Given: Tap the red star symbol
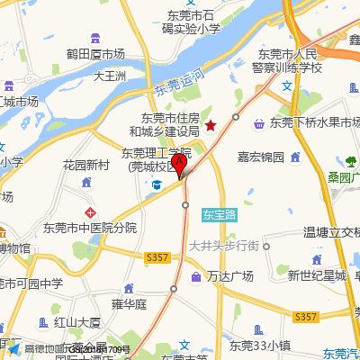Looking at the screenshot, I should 211,125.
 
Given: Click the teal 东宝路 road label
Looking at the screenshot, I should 219,215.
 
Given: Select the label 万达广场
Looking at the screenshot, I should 230,275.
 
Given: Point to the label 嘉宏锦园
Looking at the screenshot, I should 261,157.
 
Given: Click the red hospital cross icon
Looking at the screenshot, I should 89,211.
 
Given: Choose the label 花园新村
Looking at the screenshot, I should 85,166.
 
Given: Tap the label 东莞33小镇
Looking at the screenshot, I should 259,344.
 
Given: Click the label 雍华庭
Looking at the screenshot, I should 129,304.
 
